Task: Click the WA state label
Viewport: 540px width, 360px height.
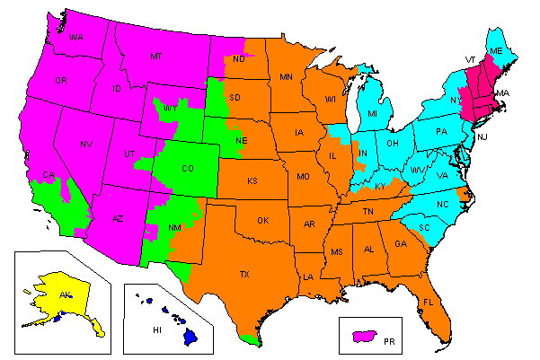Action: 76,38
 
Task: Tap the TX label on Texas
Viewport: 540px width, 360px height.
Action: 243,274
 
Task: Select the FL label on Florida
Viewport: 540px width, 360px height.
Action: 429,303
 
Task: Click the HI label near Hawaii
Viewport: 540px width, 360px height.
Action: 156,329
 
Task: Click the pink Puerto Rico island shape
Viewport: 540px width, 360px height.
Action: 364,336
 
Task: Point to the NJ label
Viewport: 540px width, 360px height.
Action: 482,137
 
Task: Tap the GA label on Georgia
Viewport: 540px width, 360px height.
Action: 399,243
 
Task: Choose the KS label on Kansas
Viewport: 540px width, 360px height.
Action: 252,180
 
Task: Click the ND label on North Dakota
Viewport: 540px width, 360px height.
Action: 238,59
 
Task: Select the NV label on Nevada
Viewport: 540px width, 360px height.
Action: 87,144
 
